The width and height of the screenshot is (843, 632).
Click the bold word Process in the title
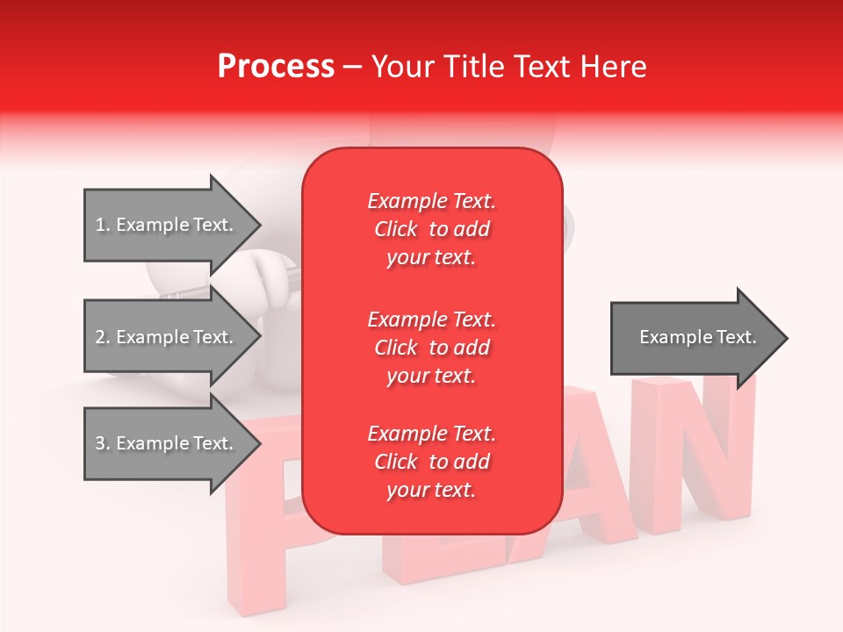(x=276, y=67)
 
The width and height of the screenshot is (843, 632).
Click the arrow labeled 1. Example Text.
(x=167, y=225)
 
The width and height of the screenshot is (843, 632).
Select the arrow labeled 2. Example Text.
(x=167, y=337)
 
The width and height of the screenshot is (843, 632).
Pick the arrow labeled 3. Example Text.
(x=167, y=443)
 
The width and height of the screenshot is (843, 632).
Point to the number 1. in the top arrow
(x=102, y=225)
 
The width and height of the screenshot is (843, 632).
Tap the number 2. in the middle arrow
(x=102, y=337)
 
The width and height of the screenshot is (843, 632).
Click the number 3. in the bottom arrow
(x=102, y=443)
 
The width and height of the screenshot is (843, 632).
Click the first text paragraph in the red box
(x=431, y=229)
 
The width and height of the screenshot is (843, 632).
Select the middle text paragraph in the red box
(x=431, y=348)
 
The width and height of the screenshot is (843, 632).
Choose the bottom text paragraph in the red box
(x=431, y=462)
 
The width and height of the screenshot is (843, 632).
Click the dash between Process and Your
(x=353, y=67)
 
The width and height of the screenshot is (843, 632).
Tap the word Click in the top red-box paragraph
(x=396, y=229)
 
